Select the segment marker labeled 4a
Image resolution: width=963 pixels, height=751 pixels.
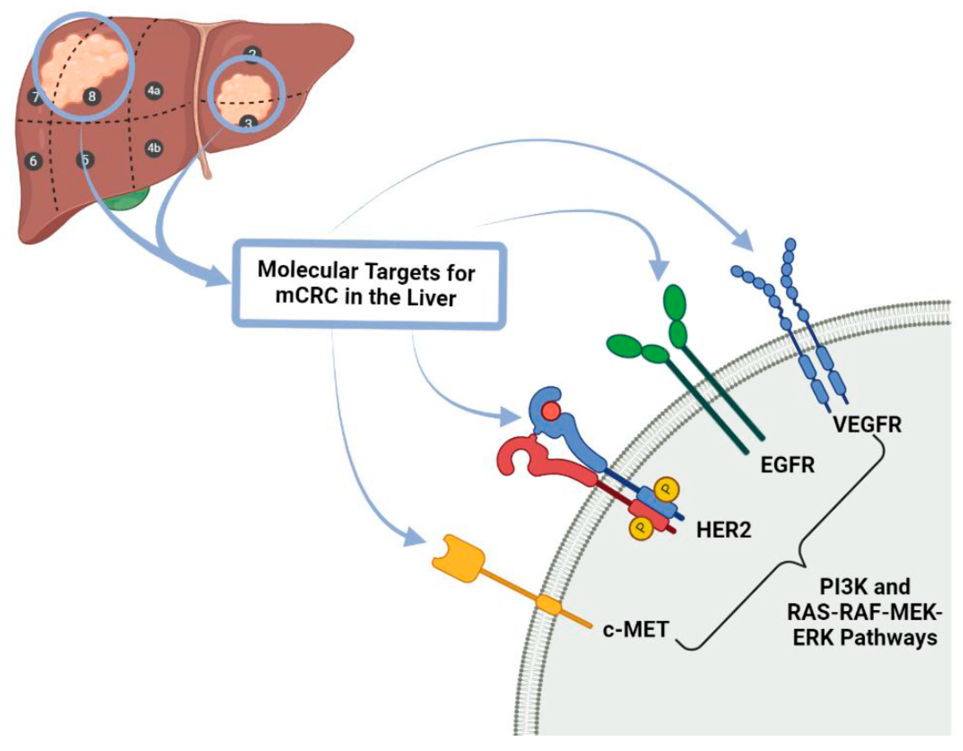(x=154, y=91)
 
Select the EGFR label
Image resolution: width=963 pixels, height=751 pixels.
(x=787, y=465)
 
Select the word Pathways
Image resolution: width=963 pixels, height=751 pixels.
(x=894, y=638)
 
